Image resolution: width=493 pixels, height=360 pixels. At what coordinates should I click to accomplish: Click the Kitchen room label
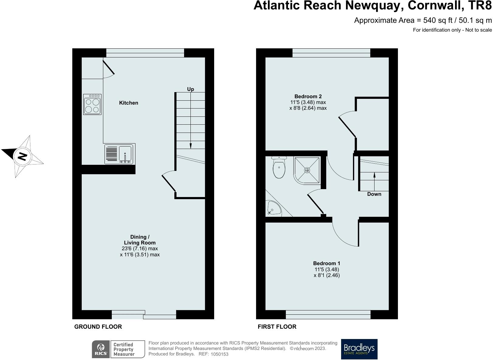tap(128, 103)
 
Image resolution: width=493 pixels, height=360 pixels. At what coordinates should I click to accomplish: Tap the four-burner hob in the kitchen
tap(92, 104)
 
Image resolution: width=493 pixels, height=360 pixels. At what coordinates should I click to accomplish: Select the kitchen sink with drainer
tap(120, 154)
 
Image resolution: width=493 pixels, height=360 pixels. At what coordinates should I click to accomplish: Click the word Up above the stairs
tap(190, 89)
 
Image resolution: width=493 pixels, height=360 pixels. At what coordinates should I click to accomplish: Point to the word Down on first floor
tap(374, 194)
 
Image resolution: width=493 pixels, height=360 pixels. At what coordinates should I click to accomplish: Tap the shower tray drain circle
tap(307, 170)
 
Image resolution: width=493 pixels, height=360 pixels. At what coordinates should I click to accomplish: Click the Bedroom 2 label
tap(308, 96)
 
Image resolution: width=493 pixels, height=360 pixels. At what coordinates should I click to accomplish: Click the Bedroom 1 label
tap(327, 263)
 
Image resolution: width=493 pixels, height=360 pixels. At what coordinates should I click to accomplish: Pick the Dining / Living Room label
tap(140, 240)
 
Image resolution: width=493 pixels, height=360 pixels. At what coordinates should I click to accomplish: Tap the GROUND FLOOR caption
tap(98, 327)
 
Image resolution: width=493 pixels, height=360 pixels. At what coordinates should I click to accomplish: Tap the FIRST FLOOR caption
tap(277, 327)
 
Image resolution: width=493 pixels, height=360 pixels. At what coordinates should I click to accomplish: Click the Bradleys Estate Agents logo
tap(359, 349)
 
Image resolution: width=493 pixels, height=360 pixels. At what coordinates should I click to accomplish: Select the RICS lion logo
tap(101, 349)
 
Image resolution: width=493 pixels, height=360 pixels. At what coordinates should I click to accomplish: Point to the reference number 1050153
tap(219, 354)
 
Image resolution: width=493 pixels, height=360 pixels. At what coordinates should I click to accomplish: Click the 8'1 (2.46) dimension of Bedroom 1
tap(327, 275)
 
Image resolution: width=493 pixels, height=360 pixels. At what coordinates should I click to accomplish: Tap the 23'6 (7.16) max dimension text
tap(140, 249)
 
